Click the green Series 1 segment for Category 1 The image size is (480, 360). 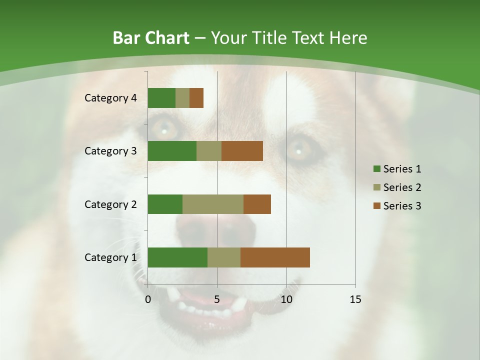click(177, 257)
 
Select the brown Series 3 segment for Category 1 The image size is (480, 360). click(275, 257)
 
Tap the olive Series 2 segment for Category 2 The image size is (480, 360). click(213, 204)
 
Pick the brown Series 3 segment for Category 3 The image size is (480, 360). click(242, 151)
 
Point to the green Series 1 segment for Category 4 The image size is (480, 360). click(161, 98)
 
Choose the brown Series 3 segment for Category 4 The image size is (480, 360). click(196, 98)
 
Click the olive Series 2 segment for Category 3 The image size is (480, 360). click(209, 151)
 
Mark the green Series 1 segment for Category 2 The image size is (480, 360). click(165, 204)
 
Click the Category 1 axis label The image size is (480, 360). click(110, 257)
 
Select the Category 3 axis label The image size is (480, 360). click(110, 151)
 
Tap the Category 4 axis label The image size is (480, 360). click(110, 98)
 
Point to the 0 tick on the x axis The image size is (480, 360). click(148, 299)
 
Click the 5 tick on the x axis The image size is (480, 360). click(217, 299)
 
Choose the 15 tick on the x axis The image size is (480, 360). click(355, 299)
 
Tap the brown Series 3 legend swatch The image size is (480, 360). click(377, 206)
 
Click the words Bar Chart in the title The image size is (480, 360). click(151, 38)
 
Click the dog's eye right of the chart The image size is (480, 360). click(298, 149)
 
